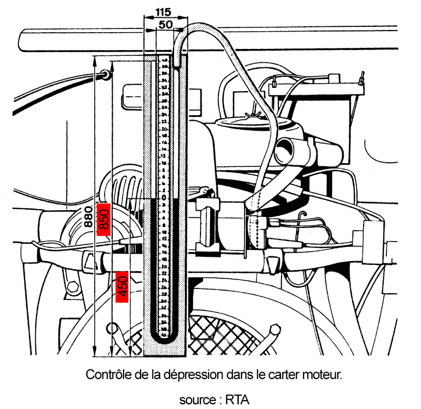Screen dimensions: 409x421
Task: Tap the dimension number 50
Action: [165, 24]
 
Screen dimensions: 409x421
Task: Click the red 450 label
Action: [122, 287]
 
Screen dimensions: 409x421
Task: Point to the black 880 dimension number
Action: [89, 215]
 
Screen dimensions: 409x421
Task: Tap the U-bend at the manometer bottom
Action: [164, 337]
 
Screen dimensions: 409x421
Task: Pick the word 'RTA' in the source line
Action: [237, 400]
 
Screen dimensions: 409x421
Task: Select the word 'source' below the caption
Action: [196, 400]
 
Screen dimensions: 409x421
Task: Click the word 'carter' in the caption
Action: [285, 375]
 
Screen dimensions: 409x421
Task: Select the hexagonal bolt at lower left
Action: [72, 287]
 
